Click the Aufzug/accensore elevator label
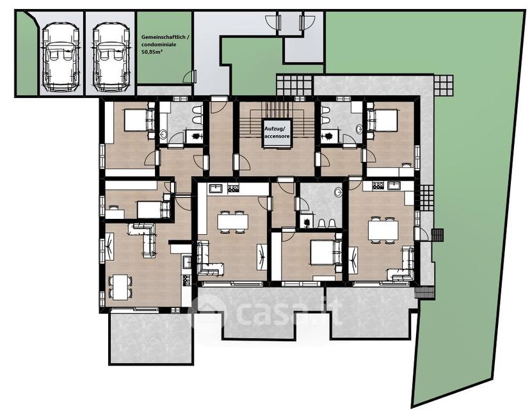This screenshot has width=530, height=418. (x=277, y=133)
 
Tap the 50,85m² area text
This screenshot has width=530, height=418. (x=152, y=52)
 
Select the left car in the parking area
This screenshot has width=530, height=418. (x=61, y=58)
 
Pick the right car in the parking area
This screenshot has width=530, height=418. (x=111, y=58)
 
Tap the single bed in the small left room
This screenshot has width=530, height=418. (x=153, y=210)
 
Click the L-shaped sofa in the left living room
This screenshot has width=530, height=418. (x=145, y=239)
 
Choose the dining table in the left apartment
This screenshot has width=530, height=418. (x=120, y=287)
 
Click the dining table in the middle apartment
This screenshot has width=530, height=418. (x=232, y=222)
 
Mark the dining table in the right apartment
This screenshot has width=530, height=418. (x=383, y=230)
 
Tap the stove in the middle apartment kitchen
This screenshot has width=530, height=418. (x=233, y=188)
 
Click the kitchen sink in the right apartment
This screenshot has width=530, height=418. (x=394, y=186)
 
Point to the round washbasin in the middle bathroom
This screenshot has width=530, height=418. (x=338, y=192)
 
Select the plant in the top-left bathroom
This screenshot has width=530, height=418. (x=196, y=136)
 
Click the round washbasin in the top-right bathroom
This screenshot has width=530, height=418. (x=358, y=129)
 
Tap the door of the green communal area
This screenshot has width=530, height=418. (x=190, y=77)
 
